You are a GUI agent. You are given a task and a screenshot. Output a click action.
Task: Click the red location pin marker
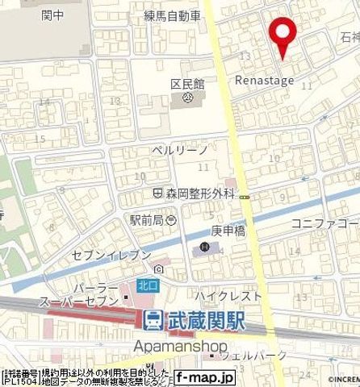click(x=282, y=34)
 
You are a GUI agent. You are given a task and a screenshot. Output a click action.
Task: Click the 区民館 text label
click(x=189, y=84)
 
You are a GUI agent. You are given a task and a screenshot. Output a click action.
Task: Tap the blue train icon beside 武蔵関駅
click(x=151, y=320)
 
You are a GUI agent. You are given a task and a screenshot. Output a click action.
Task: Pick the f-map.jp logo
click(x=203, y=377)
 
